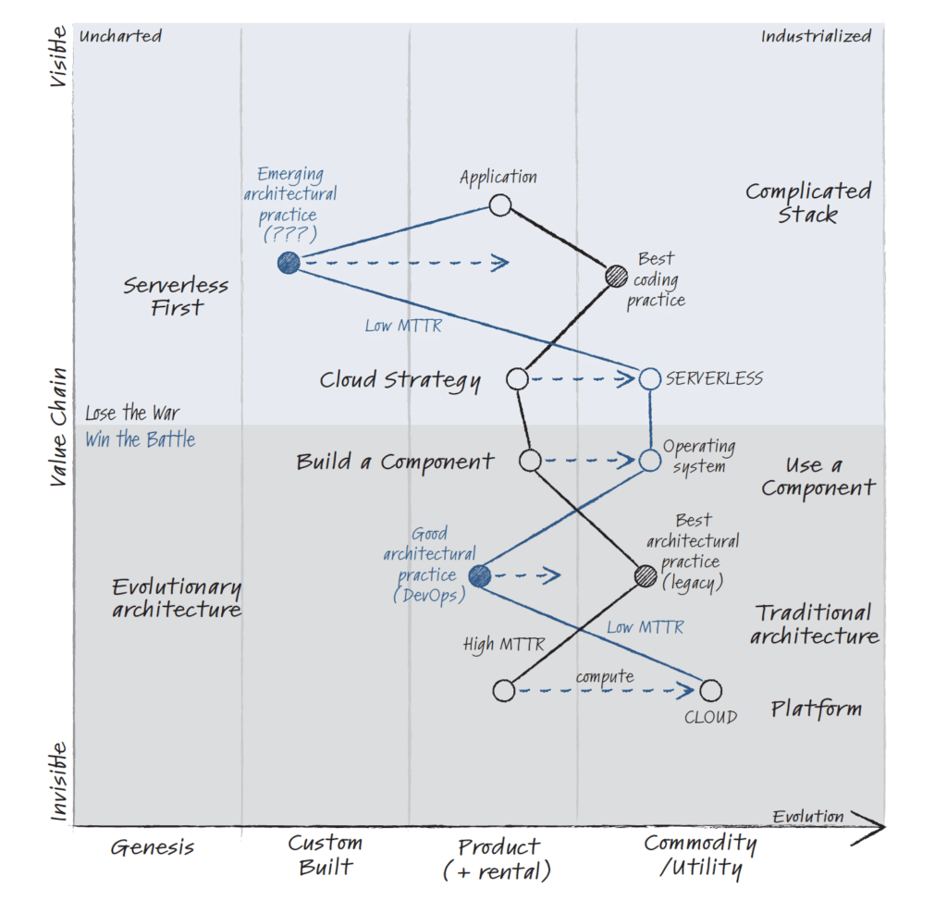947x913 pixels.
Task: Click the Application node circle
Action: pyautogui.click(x=499, y=205)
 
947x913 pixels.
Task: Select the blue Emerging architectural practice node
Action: pyautogui.click(x=289, y=263)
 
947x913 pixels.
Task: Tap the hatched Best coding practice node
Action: pyautogui.click(x=616, y=276)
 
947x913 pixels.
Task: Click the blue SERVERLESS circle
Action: pyautogui.click(x=650, y=378)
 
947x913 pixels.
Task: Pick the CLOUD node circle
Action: pyautogui.click(x=710, y=690)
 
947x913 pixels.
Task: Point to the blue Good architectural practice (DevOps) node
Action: pyautogui.click(x=479, y=576)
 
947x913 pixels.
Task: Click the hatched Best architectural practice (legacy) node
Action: pyautogui.click(x=646, y=576)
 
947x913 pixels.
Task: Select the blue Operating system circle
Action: pyautogui.click(x=649, y=460)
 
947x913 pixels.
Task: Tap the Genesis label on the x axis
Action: pyautogui.click(x=153, y=846)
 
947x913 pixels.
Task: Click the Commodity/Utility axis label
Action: pyautogui.click(x=700, y=856)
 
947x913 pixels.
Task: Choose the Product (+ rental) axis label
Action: pyautogui.click(x=498, y=858)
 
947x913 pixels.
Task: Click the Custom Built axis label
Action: pyautogui.click(x=326, y=855)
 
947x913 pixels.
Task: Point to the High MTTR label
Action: pyautogui.click(x=503, y=645)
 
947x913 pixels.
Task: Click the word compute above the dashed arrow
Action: pyautogui.click(x=605, y=676)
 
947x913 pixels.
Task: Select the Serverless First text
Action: pyautogui.click(x=176, y=296)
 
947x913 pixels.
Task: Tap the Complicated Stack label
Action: pyautogui.click(x=807, y=203)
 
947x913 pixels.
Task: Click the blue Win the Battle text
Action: pyautogui.click(x=141, y=439)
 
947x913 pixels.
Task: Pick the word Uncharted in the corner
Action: pyautogui.click(x=121, y=36)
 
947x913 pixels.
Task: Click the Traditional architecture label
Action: pyautogui.click(x=814, y=623)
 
